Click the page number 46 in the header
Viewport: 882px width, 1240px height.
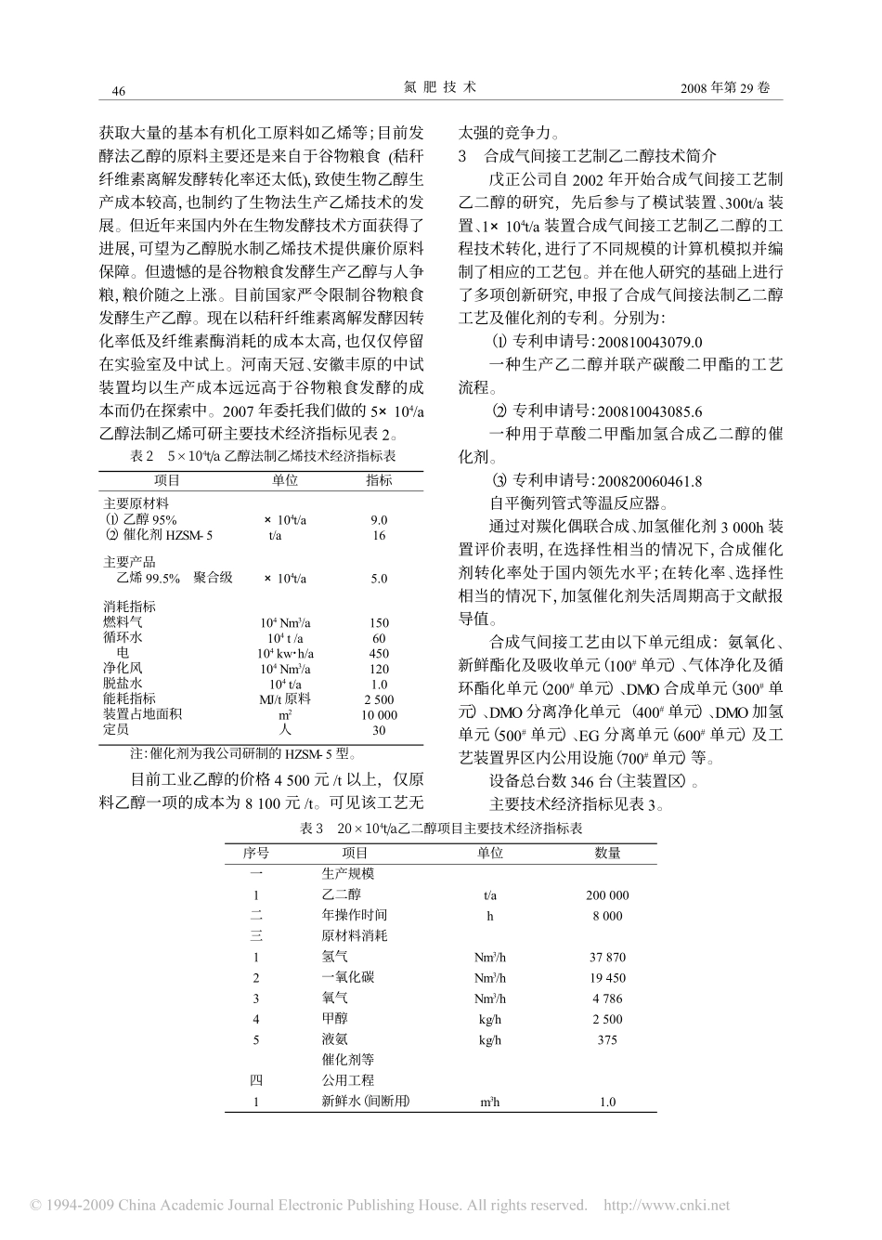click(x=118, y=90)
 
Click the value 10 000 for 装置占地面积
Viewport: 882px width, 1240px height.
click(x=378, y=715)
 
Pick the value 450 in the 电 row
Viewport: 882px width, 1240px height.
click(x=378, y=653)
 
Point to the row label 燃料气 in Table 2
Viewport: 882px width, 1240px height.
click(x=123, y=622)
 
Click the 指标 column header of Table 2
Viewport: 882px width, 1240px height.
click(x=378, y=480)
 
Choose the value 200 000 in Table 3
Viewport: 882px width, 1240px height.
click(x=607, y=895)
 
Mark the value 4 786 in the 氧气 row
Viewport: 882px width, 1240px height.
click(x=607, y=999)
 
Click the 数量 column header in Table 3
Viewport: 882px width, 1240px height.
click(x=607, y=853)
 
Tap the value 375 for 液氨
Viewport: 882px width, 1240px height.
click(x=607, y=1040)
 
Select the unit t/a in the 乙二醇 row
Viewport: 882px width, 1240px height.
click(x=489, y=895)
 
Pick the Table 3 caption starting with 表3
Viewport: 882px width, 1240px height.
click(x=441, y=829)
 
